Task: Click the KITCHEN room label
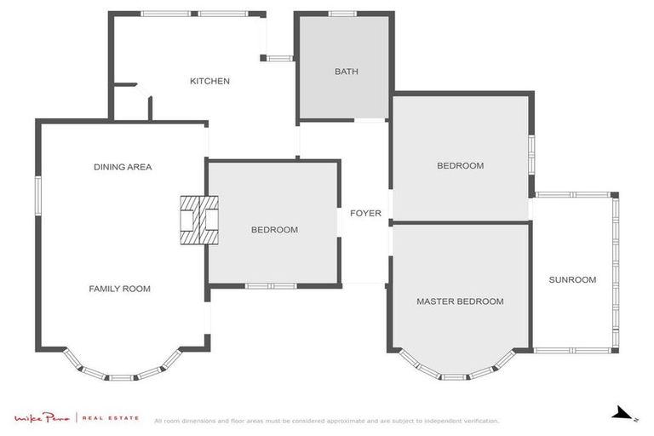pos(209,81)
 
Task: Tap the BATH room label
pos(346,72)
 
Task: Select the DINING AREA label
pos(123,167)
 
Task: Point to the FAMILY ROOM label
pos(119,289)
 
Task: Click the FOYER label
pos(365,213)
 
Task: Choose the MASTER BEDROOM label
pos(460,301)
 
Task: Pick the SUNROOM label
pos(572,279)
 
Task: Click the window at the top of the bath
pos(342,14)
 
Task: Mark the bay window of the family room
pos(122,373)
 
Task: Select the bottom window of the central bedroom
pos(270,285)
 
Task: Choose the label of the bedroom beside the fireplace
pos(274,230)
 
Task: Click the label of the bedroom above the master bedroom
pos(460,166)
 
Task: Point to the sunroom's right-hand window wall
pos(615,271)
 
